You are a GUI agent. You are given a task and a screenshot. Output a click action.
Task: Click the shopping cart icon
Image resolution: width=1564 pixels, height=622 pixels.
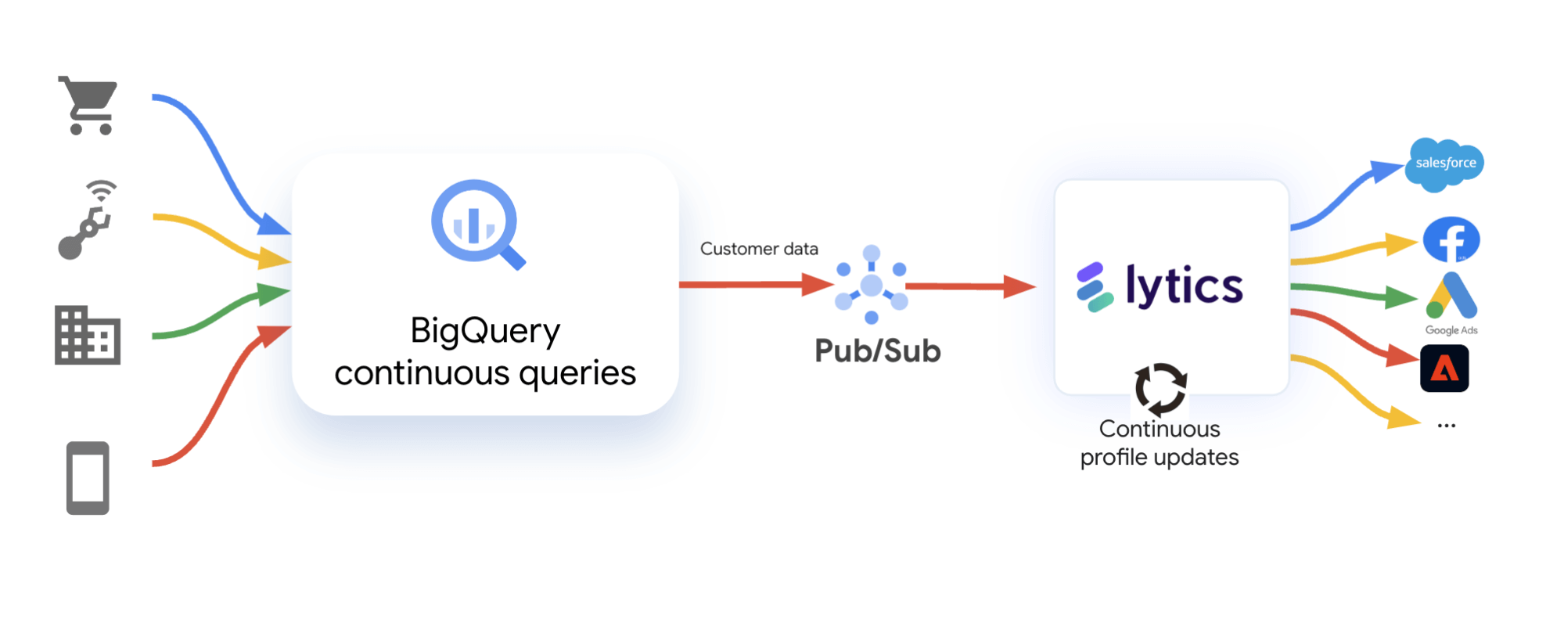(88, 106)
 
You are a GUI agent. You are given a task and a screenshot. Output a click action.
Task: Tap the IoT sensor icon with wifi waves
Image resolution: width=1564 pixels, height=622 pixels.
(88, 221)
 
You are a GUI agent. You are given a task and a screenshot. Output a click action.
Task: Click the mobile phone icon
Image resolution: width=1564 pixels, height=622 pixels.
(88, 477)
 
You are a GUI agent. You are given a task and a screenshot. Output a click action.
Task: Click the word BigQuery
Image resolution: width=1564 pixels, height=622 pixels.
(485, 331)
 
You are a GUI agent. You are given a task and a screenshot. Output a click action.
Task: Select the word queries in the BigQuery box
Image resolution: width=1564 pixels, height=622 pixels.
(577, 374)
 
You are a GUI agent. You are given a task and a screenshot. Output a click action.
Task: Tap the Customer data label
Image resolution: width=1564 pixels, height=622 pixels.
(758, 249)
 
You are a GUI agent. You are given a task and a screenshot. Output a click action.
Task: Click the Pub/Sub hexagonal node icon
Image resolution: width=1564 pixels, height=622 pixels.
(872, 285)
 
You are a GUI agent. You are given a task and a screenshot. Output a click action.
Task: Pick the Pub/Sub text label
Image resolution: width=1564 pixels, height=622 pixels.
(877, 351)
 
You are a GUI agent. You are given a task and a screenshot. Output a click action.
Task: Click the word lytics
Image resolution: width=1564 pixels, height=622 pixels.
(1184, 286)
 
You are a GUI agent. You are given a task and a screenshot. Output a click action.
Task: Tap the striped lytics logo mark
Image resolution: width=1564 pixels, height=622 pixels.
(1094, 287)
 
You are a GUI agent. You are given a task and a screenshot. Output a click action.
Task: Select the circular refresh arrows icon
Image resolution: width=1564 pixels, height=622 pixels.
(1160, 388)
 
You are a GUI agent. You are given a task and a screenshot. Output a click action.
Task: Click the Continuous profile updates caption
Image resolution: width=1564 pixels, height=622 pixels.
(1160, 443)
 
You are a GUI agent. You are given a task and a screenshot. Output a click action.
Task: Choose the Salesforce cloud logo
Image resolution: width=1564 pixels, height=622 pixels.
(1444, 164)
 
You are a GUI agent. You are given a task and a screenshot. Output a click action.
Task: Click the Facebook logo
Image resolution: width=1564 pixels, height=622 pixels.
(1451, 239)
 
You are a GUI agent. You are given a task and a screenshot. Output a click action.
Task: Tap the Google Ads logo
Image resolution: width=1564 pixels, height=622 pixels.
(1451, 297)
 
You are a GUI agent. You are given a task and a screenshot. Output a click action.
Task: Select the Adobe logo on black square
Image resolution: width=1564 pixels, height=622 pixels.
(1444, 369)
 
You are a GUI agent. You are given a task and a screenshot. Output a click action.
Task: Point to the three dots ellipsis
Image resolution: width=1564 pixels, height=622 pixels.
(1446, 426)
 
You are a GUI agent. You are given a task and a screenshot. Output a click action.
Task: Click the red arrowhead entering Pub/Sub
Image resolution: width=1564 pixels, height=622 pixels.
(818, 284)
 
